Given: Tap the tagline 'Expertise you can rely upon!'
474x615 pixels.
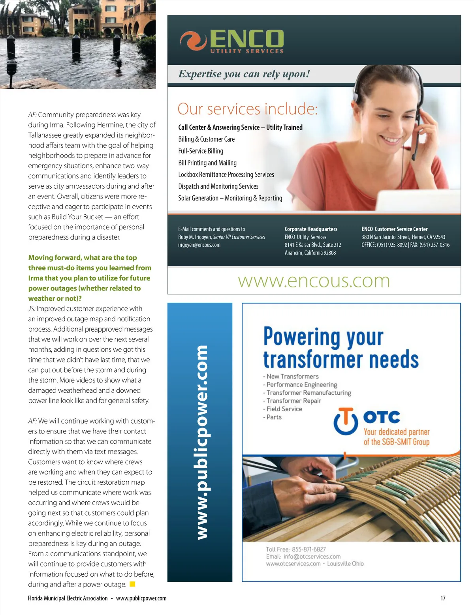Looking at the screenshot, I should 244,74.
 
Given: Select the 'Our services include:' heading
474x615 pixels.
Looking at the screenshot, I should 247,109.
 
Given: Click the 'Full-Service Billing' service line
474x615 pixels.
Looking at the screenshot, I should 201,151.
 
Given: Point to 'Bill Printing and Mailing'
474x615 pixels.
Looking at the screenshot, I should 207,163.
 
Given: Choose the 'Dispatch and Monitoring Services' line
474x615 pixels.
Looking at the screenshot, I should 218,186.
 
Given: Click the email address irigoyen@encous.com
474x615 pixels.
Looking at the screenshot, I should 199,245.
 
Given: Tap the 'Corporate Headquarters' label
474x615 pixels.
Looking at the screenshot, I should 311,229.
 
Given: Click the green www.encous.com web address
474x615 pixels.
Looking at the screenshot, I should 314,281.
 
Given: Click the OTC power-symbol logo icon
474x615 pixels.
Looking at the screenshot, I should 346,421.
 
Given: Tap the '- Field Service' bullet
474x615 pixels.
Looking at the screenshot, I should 283,409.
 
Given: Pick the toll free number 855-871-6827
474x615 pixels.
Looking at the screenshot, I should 309,549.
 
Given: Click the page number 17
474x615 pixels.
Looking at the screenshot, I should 443,598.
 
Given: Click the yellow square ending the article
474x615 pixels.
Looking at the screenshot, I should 133,584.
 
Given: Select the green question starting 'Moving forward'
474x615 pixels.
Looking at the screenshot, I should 90,278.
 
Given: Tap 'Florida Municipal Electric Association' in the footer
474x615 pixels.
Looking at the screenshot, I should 68,598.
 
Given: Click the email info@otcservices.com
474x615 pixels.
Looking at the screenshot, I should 312,557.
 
